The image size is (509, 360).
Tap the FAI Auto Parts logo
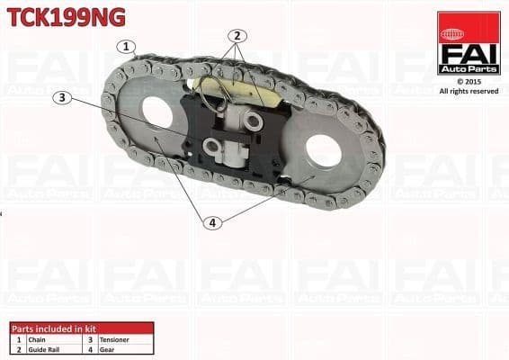pyautogui.click(x=469, y=42)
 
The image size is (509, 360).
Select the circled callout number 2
pyautogui.click(x=237, y=37)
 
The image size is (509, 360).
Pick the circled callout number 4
pyautogui.click(x=212, y=221)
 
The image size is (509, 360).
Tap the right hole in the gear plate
pyautogui.click(x=324, y=151)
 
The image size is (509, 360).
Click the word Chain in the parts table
pyautogui.click(x=37, y=340)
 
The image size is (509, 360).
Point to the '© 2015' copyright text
pyautogui.click(x=469, y=81)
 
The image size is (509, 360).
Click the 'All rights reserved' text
pyautogui.click(x=469, y=91)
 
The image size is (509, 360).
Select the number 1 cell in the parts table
pyautogui.click(x=18, y=340)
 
